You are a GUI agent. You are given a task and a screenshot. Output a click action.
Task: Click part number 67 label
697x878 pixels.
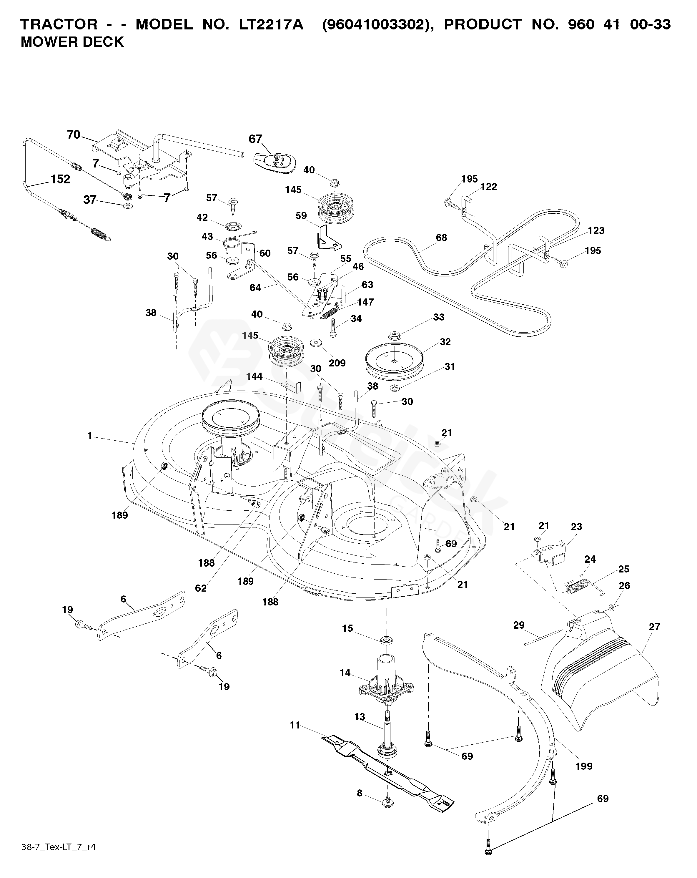255,139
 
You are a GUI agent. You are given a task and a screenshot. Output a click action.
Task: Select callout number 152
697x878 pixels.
60,179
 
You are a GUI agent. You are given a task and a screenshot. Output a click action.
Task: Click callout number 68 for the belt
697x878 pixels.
441,238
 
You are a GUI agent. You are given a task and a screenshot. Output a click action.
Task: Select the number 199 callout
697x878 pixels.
584,766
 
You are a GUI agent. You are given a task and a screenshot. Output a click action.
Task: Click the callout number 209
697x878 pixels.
337,363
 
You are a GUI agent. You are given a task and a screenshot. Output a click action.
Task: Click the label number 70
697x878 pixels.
74,135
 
